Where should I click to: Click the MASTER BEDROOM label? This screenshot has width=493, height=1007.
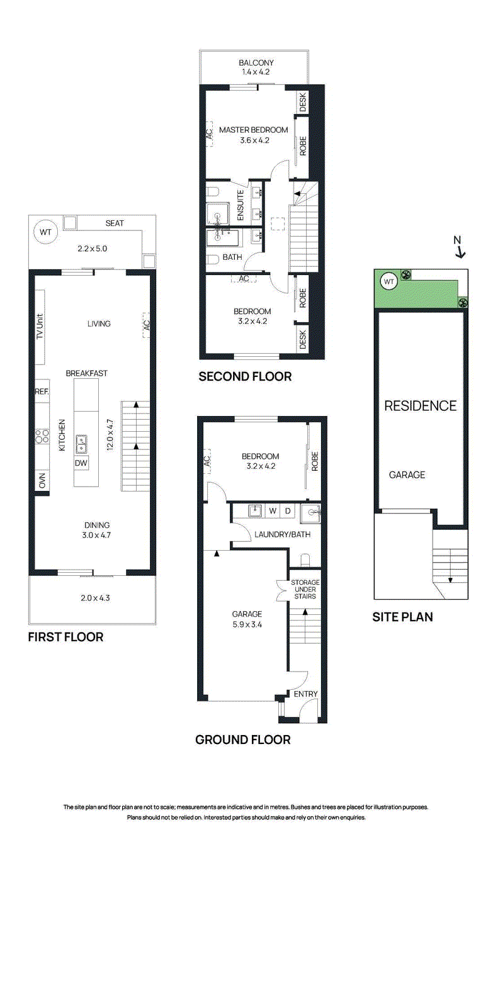[x=253, y=130]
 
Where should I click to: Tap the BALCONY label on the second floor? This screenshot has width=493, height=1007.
[x=256, y=63]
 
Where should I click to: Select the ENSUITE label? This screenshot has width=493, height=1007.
[x=241, y=205]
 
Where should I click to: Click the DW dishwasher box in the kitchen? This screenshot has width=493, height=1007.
[x=81, y=463]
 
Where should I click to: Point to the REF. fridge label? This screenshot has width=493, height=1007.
[x=42, y=391]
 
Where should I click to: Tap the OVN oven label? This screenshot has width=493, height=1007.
[x=42, y=481]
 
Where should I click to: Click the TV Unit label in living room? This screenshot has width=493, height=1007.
[x=40, y=327]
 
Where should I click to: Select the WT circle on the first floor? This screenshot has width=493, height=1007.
[x=46, y=232]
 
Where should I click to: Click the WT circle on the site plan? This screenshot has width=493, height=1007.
[x=388, y=281]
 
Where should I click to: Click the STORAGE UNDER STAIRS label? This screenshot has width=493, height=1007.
[x=305, y=589]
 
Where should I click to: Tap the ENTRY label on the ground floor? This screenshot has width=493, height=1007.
[x=306, y=694]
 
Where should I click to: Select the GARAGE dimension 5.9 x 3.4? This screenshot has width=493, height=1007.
[x=247, y=624]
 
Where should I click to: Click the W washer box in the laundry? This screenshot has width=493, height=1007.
[x=273, y=511]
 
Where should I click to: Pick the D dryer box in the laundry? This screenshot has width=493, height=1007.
[x=288, y=511]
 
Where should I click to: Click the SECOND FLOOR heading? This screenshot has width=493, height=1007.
[x=245, y=376]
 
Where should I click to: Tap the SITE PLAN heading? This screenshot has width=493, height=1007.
[x=402, y=617]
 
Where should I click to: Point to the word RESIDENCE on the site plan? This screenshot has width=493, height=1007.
[x=420, y=406]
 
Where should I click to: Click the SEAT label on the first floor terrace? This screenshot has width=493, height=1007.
[x=115, y=223]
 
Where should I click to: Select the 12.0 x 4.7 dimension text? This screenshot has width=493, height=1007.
[x=110, y=434]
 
